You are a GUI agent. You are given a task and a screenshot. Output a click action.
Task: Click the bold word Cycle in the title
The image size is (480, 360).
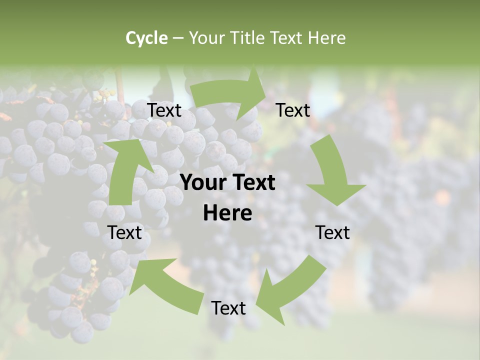pyautogui.click(x=146, y=38)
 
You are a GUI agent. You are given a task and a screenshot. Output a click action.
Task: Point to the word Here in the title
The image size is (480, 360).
pyautogui.click(x=326, y=38)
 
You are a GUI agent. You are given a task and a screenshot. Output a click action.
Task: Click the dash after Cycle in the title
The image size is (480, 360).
pyautogui.click(x=178, y=38)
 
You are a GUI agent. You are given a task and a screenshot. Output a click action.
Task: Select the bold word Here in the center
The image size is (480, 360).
pyautogui.click(x=227, y=213)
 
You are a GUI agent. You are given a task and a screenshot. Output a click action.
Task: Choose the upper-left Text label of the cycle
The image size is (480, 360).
pyautogui.click(x=164, y=110)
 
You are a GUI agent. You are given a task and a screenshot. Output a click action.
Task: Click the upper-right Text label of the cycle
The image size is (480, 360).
pyautogui.click(x=293, y=110)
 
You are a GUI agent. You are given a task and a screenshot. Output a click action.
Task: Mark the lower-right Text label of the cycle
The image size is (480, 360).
pyautogui.click(x=332, y=232)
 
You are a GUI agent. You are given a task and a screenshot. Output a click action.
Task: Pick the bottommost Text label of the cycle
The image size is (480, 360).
pyautogui.click(x=228, y=308)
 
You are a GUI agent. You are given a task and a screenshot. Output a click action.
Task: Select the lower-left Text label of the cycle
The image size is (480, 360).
pyautogui.click(x=125, y=232)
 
